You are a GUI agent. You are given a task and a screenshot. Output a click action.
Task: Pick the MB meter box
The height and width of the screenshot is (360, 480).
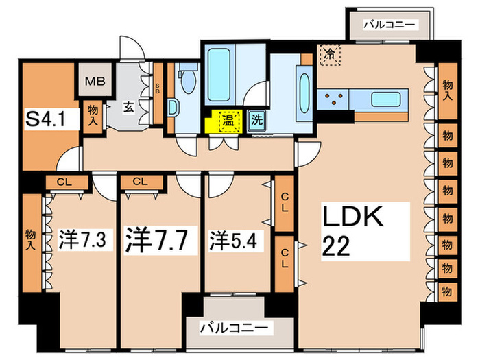tap(94, 82)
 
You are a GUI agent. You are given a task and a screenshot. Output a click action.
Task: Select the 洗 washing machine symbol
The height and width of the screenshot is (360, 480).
tap(256, 119)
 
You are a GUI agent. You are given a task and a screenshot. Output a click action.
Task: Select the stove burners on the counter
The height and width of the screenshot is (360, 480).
tap(335, 99)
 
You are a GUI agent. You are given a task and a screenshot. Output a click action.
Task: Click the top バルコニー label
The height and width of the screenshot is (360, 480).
tap(389, 25)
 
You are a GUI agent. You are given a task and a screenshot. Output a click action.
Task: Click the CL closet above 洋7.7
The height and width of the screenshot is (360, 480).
tap(141, 182)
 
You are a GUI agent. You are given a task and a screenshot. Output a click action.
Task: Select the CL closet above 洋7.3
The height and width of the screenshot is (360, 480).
tap(67, 182)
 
